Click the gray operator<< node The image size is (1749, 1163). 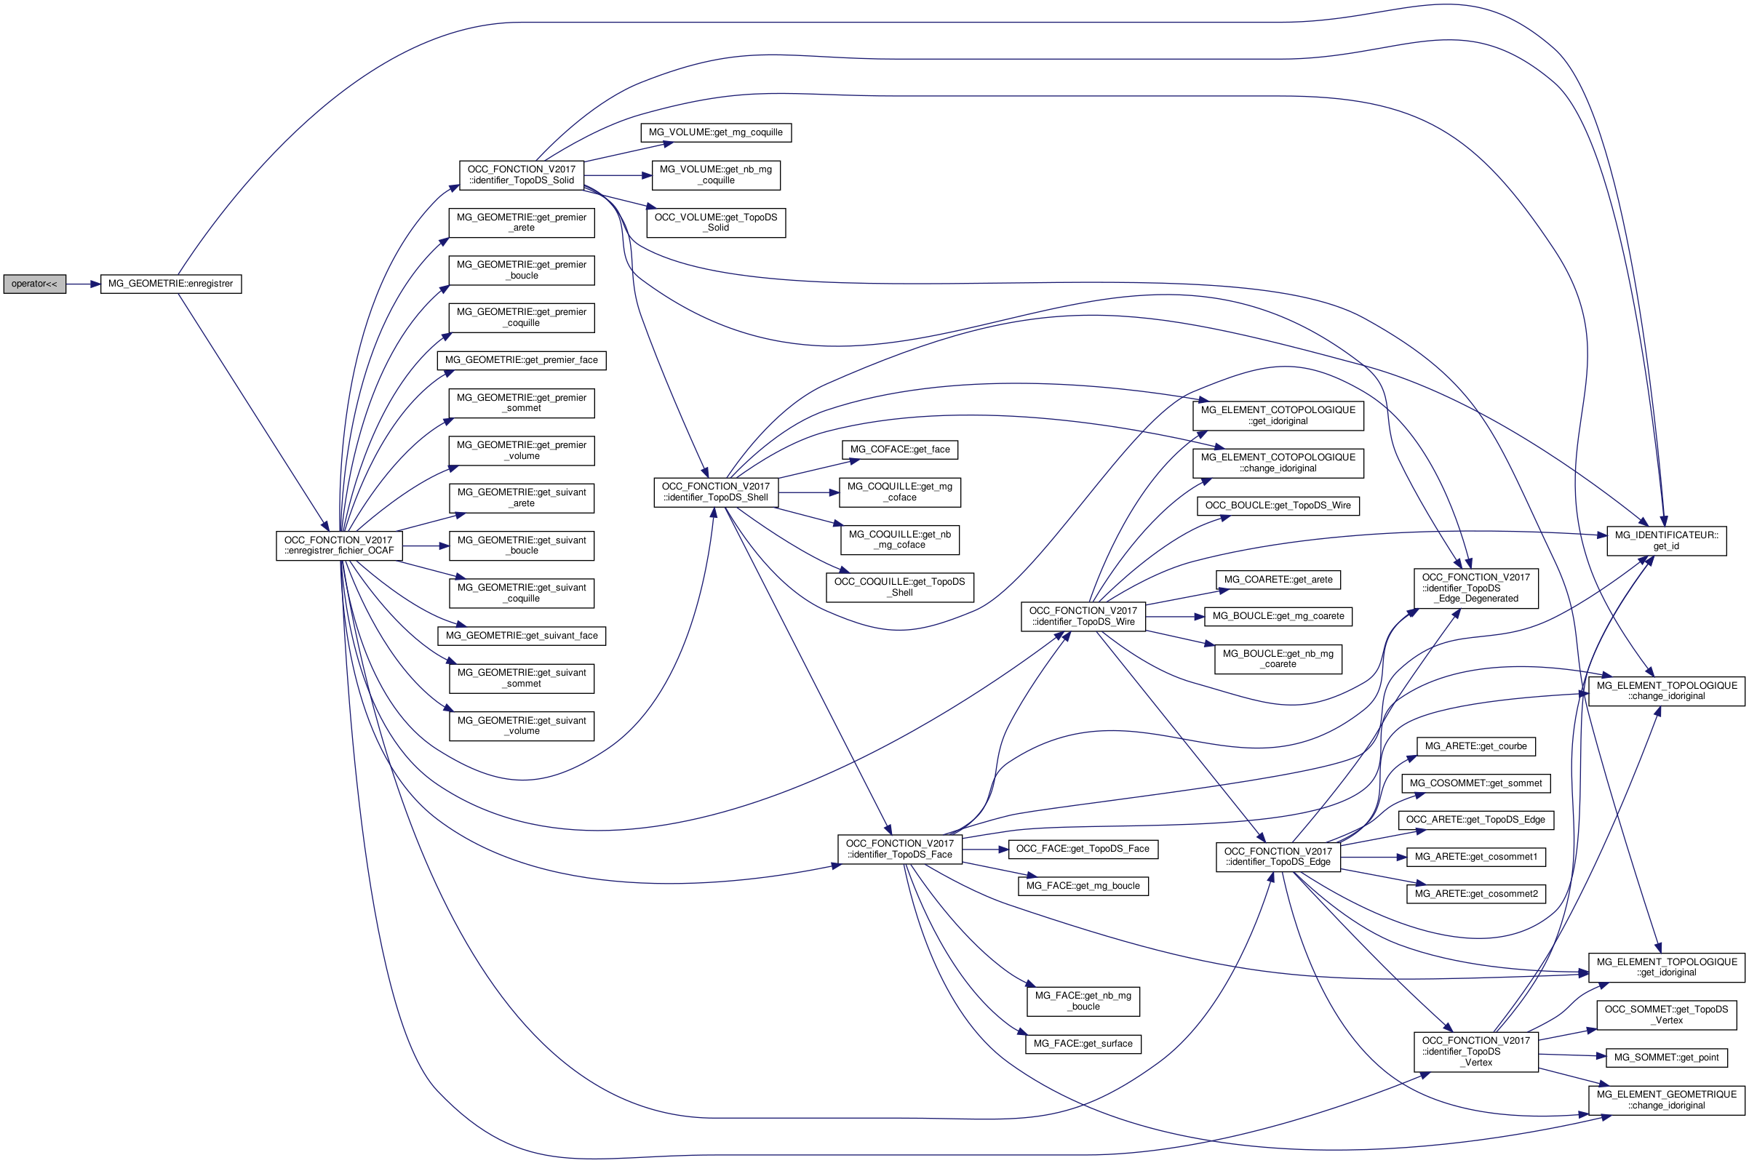34,284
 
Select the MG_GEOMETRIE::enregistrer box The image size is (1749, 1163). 170,284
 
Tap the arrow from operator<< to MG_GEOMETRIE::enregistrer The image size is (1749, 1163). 82,284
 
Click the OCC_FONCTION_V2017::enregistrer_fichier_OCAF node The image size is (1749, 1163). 339,545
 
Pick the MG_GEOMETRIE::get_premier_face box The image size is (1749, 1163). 522,361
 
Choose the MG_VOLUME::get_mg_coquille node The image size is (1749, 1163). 715,133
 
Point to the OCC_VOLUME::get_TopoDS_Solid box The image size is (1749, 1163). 716,223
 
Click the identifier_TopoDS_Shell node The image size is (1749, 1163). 716,492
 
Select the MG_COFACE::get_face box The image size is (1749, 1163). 900,449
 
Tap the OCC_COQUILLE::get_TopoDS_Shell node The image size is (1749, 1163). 900,587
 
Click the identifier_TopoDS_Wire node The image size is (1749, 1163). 1083,616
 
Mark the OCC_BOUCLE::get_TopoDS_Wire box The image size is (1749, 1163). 1278,505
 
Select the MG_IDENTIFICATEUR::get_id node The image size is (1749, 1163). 1666,540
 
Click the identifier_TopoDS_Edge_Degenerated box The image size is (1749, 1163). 1475,588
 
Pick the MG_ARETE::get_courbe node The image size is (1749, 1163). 1475,746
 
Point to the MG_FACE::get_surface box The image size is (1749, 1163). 1083,1044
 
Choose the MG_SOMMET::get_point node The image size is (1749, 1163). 1666,1058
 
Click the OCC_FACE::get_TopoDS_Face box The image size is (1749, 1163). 1083,849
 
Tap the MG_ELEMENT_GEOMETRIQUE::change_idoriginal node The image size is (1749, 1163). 1666,1100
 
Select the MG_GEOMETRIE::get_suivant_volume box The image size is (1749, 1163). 522,725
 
